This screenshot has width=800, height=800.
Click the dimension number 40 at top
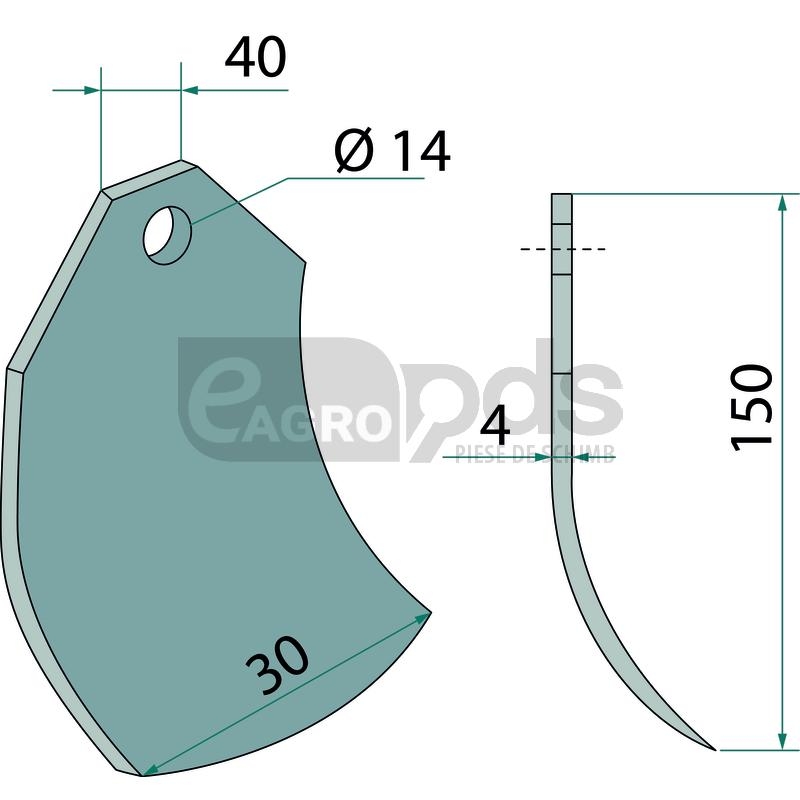256,57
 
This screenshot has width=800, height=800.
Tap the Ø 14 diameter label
392,152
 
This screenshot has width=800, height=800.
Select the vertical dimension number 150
752,408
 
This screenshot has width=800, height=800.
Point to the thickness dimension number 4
495,428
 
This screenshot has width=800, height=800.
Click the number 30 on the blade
278,665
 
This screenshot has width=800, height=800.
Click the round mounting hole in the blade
167,235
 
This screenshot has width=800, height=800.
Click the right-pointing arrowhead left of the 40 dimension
92,90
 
